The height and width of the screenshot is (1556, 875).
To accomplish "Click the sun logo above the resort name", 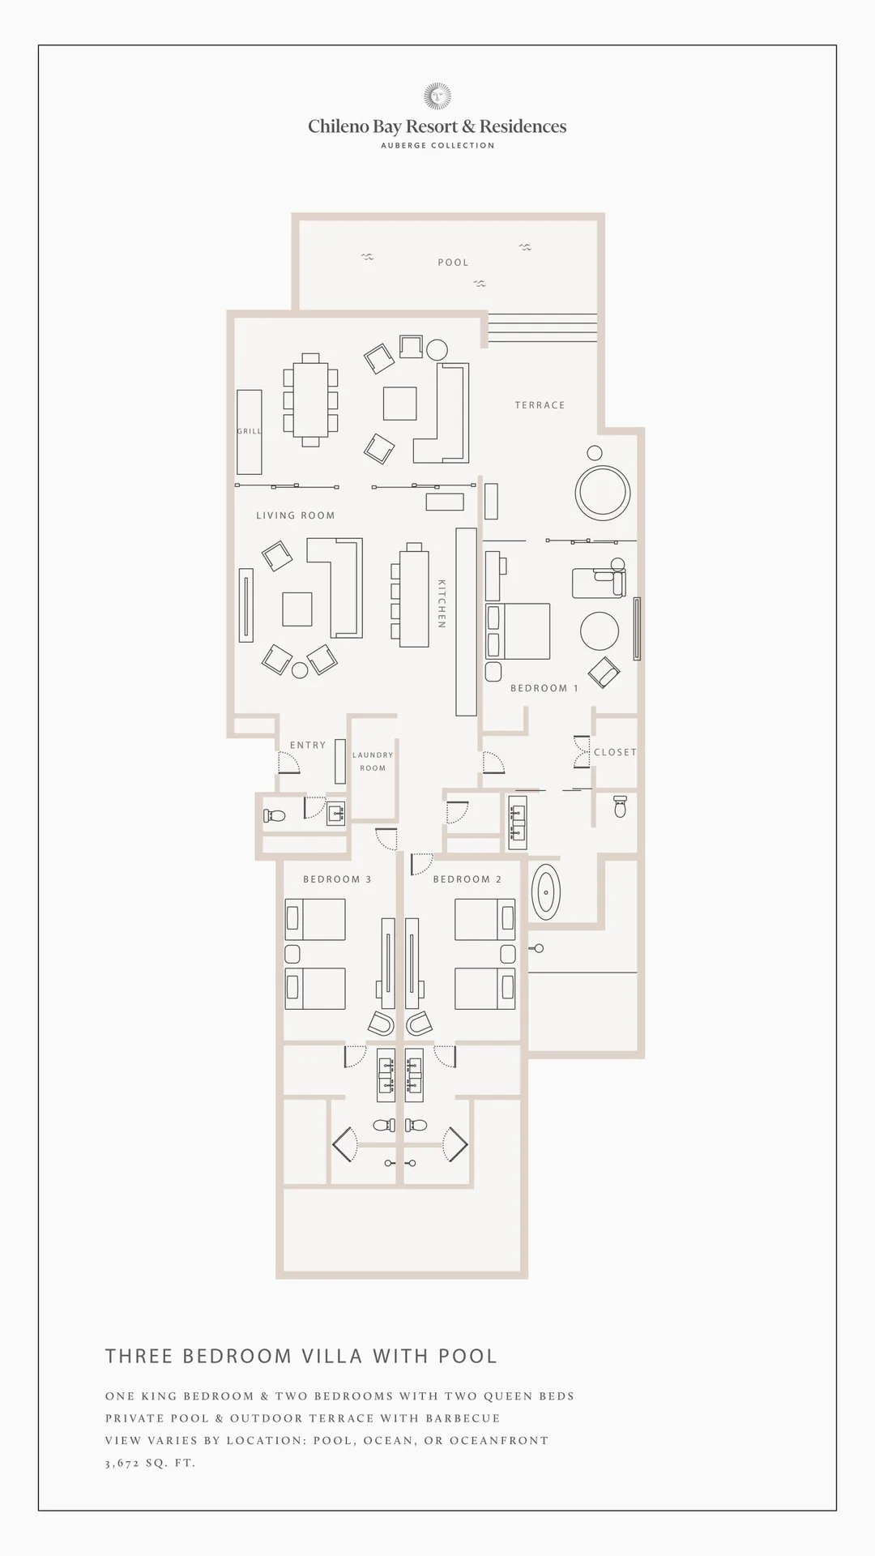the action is (437, 96).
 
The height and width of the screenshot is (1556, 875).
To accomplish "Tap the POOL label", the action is (453, 263).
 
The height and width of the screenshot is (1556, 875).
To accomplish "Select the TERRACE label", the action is (540, 405).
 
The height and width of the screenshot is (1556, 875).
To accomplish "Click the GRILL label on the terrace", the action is (250, 431).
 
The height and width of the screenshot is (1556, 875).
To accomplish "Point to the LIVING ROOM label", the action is (296, 515).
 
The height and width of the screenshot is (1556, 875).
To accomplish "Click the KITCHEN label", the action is (442, 603).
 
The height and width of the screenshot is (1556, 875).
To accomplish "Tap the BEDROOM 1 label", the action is (544, 688).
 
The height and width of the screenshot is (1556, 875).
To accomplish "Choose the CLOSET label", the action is (615, 752).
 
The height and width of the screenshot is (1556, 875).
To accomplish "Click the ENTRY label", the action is (308, 745).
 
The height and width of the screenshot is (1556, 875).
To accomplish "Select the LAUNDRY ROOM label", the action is (373, 761).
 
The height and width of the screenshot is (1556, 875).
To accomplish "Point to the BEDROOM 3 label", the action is (337, 879).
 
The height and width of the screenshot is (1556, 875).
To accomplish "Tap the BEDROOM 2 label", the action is (467, 879).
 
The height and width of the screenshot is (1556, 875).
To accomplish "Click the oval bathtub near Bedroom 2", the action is (546, 891).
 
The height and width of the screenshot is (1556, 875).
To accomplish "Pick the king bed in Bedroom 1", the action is (518, 631).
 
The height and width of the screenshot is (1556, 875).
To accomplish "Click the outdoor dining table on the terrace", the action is (310, 400).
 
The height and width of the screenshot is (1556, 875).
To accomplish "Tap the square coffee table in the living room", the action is (297, 609).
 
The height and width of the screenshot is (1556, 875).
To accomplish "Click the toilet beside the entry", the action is (275, 816).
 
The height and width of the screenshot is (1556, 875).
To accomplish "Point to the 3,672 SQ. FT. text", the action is (151, 1463).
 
